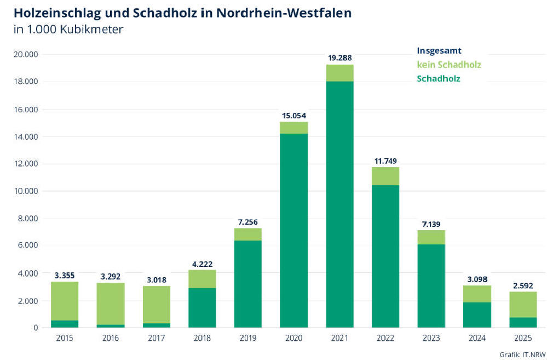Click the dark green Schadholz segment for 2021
[339, 204]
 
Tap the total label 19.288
[339, 58]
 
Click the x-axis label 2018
[202, 338]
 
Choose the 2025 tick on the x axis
[523, 338]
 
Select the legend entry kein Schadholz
[448, 65]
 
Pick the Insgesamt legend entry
[439, 51]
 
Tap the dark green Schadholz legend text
[438, 78]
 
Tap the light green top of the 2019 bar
[248, 234]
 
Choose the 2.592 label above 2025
[523, 285]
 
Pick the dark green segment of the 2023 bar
[431, 285]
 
